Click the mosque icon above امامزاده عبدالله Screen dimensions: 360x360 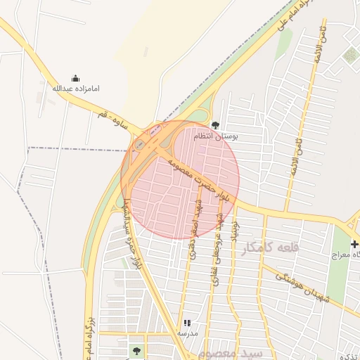point(76,78)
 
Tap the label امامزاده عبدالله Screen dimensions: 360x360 point(76,89)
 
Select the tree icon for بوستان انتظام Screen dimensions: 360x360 point(215,125)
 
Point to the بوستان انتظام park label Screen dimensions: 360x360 point(216,136)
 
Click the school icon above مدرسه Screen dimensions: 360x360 point(186,322)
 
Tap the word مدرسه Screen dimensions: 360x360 point(186,333)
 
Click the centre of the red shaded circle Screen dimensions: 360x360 point(180,179)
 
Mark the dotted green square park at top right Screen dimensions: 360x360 point(349,56)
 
